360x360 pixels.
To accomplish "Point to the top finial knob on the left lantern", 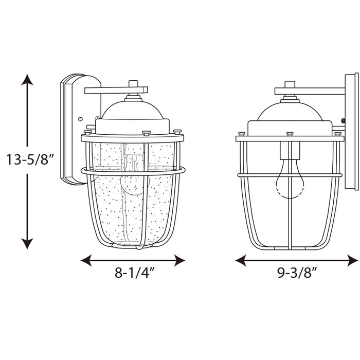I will [x=133, y=83].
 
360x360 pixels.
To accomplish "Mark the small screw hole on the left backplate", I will [x=80, y=119].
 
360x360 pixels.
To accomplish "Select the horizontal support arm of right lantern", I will [x=309, y=91].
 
